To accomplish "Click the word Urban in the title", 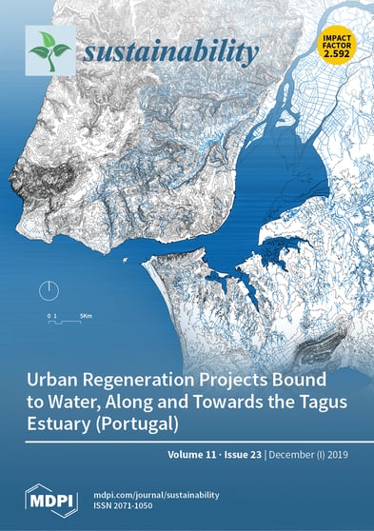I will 61,378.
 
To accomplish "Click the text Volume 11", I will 197,455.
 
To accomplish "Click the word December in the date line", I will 299,455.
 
